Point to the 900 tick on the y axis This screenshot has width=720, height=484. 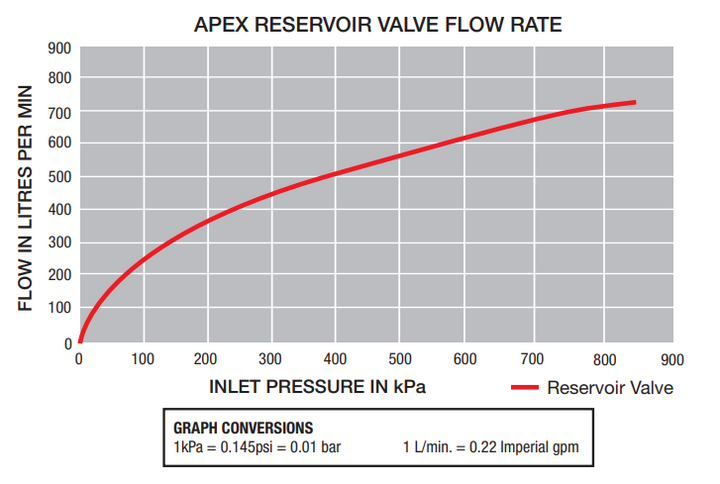click(59, 47)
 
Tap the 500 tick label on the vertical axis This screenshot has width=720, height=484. click(59, 177)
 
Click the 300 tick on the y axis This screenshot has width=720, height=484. click(59, 243)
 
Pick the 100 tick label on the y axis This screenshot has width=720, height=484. click(59, 309)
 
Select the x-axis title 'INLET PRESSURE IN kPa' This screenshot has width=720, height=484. click(318, 386)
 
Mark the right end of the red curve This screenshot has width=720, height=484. click(633, 103)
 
